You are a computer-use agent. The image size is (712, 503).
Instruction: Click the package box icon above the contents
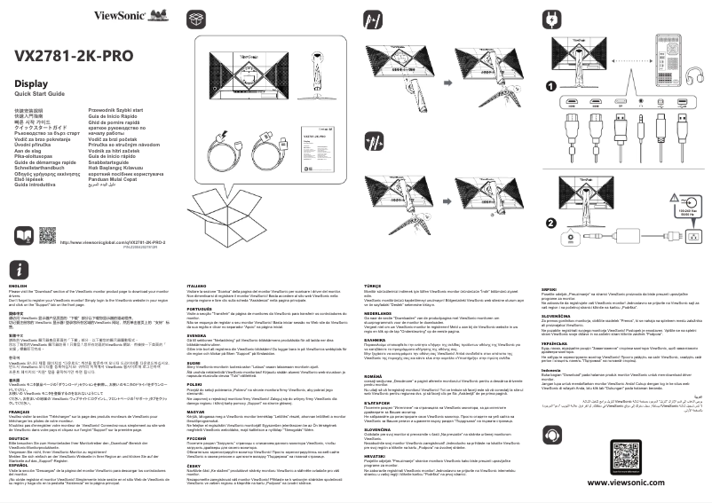[197, 19]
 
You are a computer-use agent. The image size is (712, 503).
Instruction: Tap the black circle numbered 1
[550, 86]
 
